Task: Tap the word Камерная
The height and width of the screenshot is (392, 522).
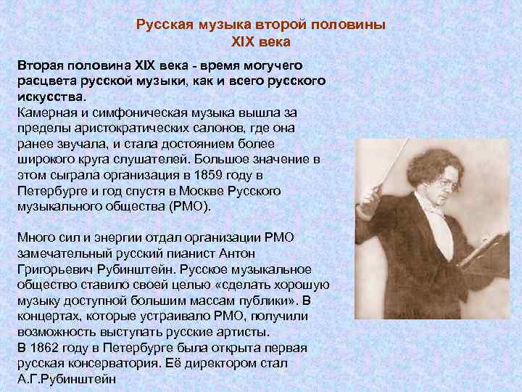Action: [x=44, y=113]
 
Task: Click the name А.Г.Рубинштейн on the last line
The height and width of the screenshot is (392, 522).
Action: [x=66, y=378]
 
